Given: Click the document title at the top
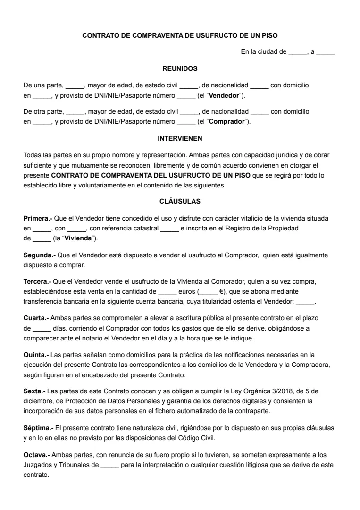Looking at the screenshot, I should click(180, 35).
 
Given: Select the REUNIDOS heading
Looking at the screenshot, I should click(180, 68).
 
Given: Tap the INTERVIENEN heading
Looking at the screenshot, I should click(180, 138).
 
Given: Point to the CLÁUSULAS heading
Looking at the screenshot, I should click(180, 201).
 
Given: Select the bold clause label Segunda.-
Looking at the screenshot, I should click(39, 255).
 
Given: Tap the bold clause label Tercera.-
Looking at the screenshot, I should click(37, 281).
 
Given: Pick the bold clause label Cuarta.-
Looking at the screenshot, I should click(36, 318).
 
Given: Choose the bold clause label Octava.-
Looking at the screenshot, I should click(36, 455).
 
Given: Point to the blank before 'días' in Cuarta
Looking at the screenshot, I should click(41, 329).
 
